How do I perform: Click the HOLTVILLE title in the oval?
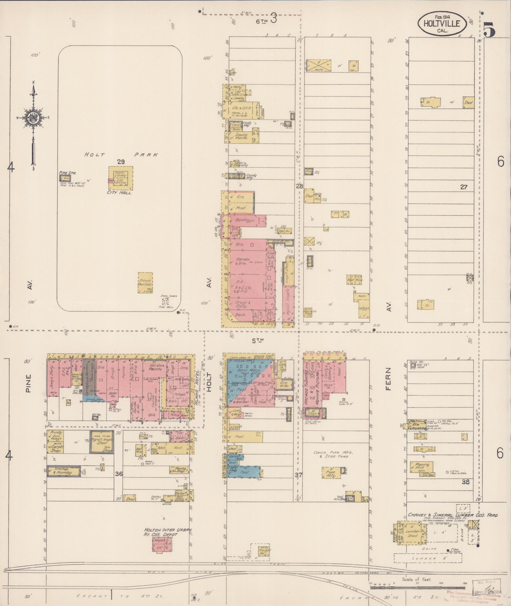click(443, 23)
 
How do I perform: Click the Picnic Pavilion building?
click(145, 283)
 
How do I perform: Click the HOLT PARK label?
click(120, 155)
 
